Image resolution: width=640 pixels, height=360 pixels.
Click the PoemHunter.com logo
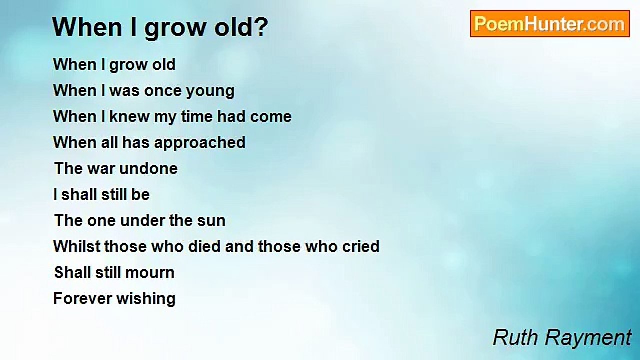coord(550,24)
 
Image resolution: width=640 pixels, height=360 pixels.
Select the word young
coord(210,92)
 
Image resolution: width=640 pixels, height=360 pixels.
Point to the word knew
coord(129,116)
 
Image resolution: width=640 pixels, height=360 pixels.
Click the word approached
coord(200,143)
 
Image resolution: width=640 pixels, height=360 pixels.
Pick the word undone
coord(148,168)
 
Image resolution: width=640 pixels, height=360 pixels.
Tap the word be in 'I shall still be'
coord(140,194)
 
